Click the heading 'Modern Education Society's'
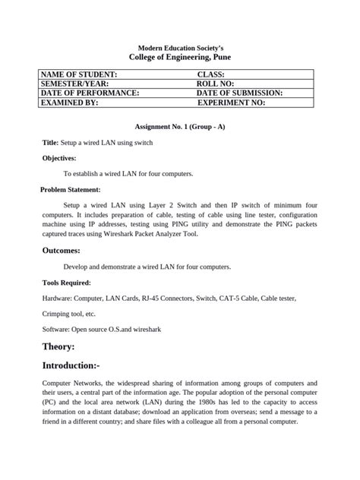pyautogui.click(x=179, y=48)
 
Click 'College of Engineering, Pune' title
pyautogui.click(x=179, y=58)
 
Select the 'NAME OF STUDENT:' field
pyautogui.click(x=79, y=74)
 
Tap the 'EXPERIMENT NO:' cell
pyautogui.click(x=232, y=102)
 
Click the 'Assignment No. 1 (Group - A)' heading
pyautogui.click(x=179, y=126)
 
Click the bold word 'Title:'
pyautogui.click(x=50, y=142)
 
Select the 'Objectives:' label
pyautogui.click(x=58, y=158)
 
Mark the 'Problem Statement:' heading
pyautogui.click(x=71, y=190)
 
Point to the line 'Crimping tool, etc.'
pyautogui.click(x=69, y=314)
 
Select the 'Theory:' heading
pyautogui.click(x=58, y=346)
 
